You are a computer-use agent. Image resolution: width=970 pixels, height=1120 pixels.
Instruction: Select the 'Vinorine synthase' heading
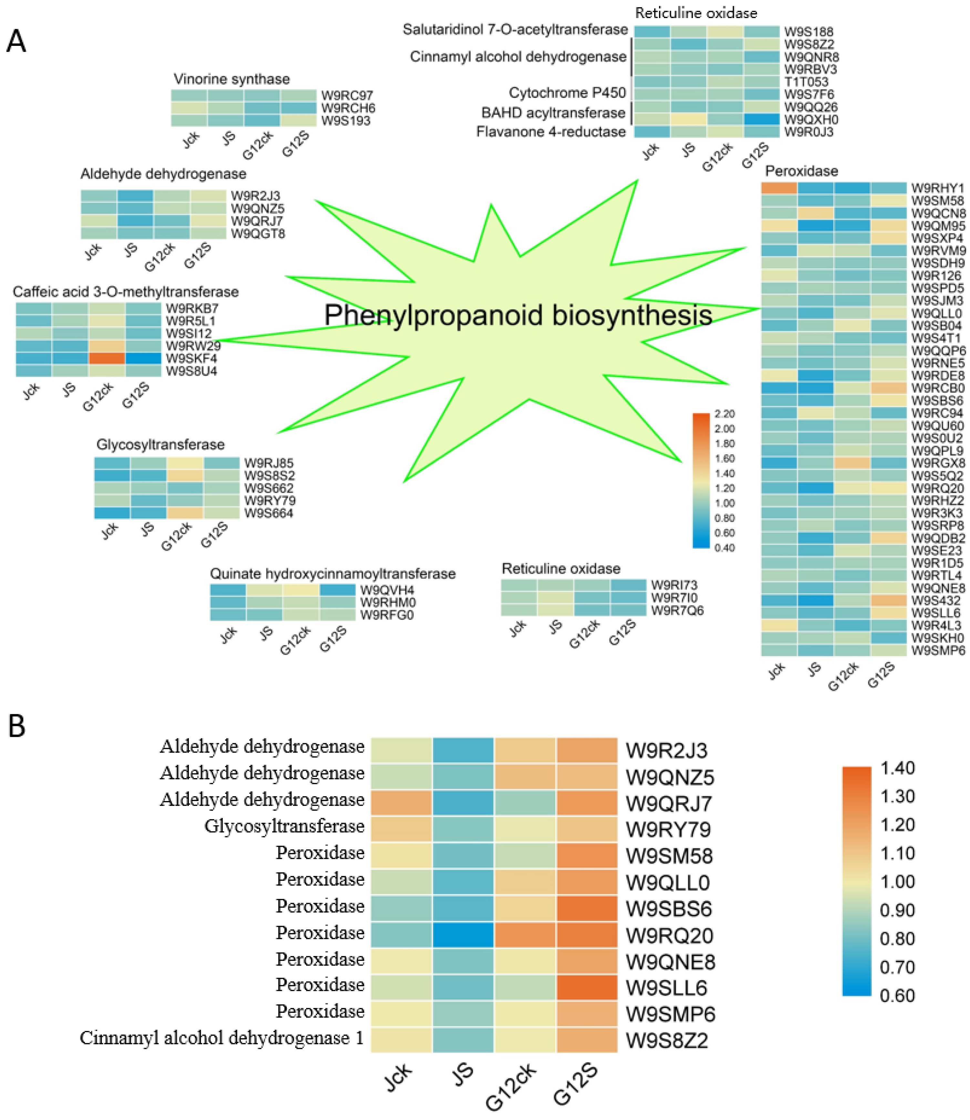231,79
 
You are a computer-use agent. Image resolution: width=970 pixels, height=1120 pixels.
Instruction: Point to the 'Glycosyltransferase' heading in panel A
160,445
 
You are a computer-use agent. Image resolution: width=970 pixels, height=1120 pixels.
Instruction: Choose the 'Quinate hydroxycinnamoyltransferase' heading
332,574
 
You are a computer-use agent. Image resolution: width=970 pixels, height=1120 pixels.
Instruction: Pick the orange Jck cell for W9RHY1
779,188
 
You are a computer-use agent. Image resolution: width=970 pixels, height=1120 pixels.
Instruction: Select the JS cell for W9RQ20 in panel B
463,935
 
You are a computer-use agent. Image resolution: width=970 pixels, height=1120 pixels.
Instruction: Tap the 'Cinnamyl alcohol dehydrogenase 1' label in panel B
222,1038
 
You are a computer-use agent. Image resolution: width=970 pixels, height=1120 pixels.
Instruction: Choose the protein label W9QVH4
387,590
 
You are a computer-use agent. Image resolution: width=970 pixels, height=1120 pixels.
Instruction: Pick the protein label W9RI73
674,585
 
